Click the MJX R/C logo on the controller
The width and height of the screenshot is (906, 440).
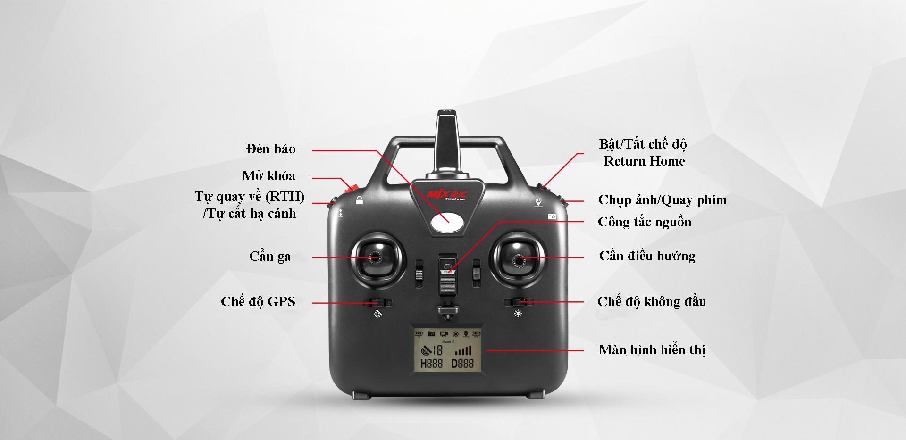446,195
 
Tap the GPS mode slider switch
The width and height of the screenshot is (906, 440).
377,302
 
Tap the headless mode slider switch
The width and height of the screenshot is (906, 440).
519,301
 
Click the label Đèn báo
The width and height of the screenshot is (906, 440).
271,149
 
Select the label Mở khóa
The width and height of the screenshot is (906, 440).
268,176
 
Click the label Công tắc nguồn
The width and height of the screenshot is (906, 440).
644,222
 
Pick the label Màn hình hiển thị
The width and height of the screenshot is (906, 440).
652,350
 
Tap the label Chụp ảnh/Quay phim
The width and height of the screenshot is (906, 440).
662,200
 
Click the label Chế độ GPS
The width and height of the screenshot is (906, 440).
258,302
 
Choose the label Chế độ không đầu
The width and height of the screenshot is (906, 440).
652,302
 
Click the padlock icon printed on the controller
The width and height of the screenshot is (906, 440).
360,200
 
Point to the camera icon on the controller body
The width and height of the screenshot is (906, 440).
552,216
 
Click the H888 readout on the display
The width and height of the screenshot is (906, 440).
431,363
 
